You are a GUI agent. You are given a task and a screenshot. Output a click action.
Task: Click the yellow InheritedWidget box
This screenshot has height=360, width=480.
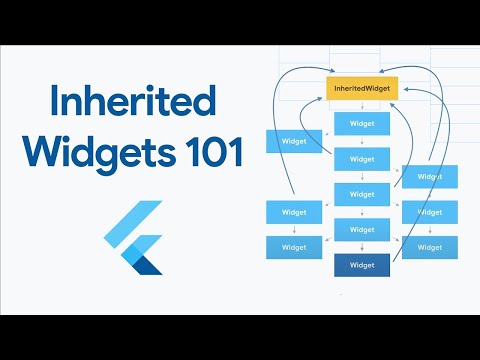pos(362,89)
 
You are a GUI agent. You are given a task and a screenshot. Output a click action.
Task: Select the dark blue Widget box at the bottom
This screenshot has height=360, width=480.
pos(362,265)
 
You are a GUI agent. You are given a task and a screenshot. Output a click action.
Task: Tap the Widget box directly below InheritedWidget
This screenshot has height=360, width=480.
pos(362,123)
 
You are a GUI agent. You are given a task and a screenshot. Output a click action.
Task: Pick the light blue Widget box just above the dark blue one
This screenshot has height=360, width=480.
pos(362,229)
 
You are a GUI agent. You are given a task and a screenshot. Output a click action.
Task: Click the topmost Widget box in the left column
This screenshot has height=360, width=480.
pos(293,141)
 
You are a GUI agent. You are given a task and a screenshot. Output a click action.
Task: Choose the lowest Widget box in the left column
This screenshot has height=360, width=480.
pos(293,247)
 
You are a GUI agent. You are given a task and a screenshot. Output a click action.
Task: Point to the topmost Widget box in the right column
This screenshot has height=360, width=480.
pos(429,176)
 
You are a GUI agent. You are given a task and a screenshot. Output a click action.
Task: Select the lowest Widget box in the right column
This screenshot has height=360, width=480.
pos(429,247)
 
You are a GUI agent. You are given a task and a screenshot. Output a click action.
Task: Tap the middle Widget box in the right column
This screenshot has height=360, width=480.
pos(429,212)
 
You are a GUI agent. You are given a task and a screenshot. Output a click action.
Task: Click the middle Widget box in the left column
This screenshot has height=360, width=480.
pos(293,212)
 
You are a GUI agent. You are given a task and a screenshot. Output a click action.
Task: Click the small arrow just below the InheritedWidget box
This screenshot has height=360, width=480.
pos(362,105)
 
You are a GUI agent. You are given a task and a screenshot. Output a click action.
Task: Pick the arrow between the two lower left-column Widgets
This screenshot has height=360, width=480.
pos(293,230)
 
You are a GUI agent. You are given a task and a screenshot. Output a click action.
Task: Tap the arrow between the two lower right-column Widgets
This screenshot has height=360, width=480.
pos(429,230)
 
